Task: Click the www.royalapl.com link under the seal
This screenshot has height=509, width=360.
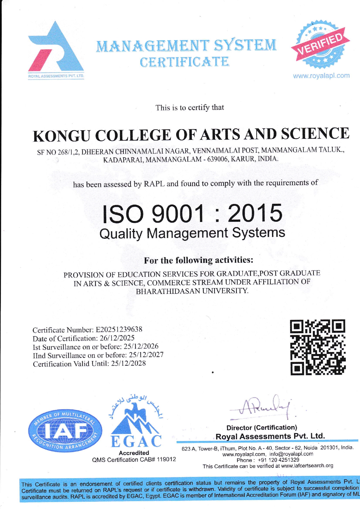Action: [321, 76]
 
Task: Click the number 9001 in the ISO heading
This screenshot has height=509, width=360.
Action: [177, 213]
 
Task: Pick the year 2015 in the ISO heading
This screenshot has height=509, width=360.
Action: [255, 213]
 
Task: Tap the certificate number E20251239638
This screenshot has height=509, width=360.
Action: [119, 330]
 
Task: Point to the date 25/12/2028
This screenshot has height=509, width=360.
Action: [128, 363]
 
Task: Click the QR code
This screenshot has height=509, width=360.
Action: [318, 347]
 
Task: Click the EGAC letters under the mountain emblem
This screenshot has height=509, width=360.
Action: [136, 441]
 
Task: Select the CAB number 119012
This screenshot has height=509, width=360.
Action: [166, 460]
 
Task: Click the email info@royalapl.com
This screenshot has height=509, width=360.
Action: [291, 454]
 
